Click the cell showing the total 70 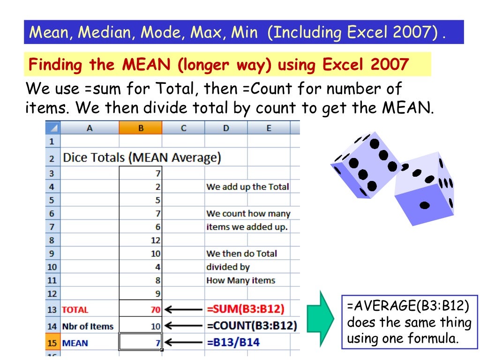click(x=141, y=310)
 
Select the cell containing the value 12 click(x=141, y=240)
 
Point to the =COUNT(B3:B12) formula click(x=251, y=326)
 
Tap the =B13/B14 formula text click(x=232, y=343)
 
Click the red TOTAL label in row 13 click(x=75, y=310)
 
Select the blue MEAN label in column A click(x=75, y=343)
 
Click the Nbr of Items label click(x=88, y=326)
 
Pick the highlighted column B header click(x=141, y=128)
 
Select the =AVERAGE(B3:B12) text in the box click(x=408, y=307)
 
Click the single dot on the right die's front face click(x=425, y=205)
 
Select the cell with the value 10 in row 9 click(x=141, y=254)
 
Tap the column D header click(x=226, y=128)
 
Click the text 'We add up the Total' click(x=247, y=187)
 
